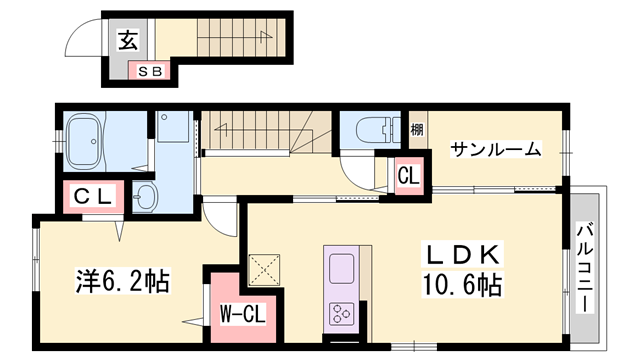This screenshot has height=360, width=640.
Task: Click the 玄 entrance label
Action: coord(128,41)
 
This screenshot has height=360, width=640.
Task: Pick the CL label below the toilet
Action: coord(407,175)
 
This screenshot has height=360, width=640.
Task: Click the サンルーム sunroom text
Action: coord(495,150)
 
